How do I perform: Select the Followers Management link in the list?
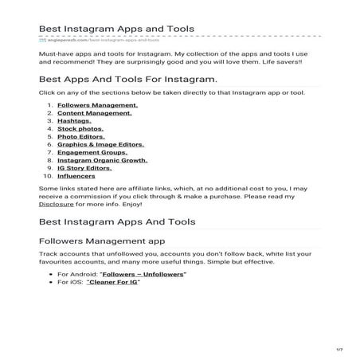coord(87,104)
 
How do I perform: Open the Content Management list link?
coord(84,112)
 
